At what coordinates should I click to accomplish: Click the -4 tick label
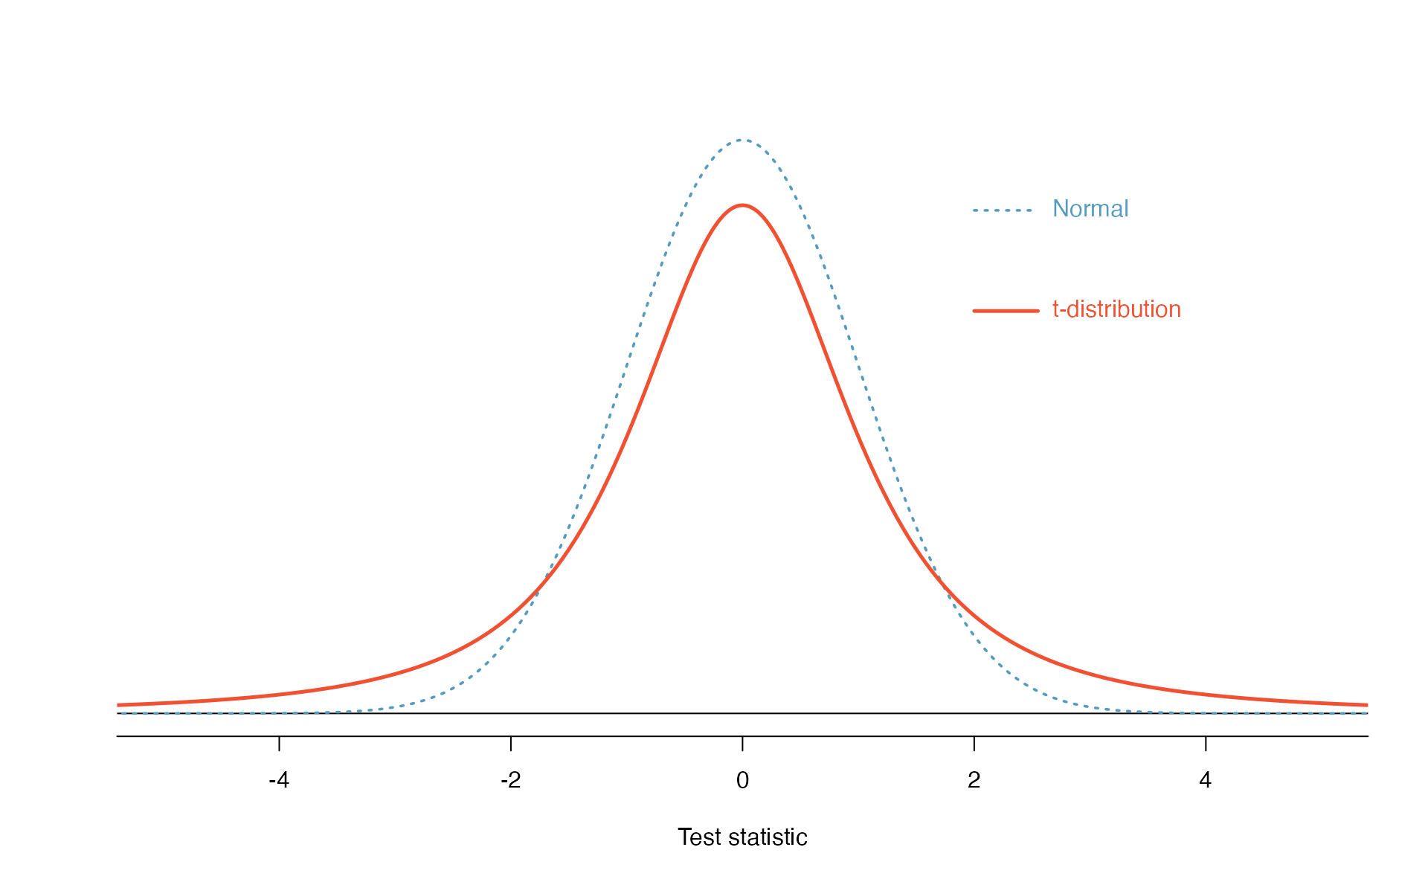point(278,780)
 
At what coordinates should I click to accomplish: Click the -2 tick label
point(510,780)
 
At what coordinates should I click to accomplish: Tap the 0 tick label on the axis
point(742,780)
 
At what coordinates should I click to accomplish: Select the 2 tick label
point(974,780)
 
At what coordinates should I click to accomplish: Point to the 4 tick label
point(1205,780)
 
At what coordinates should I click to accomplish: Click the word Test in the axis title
point(700,837)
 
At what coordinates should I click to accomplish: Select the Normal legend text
point(1090,209)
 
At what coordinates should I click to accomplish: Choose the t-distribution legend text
point(1116,309)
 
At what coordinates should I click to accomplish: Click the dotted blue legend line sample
point(1003,210)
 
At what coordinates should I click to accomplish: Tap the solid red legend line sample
point(1006,311)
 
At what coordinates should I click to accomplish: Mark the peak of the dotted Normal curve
point(742,140)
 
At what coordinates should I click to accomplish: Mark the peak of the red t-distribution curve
point(742,205)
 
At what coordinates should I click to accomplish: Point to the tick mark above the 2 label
point(974,744)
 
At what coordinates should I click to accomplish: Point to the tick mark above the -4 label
point(279,744)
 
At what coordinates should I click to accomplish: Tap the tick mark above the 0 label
point(742,744)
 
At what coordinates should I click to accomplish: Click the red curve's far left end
point(119,705)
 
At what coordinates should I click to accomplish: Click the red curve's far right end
point(1366,705)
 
